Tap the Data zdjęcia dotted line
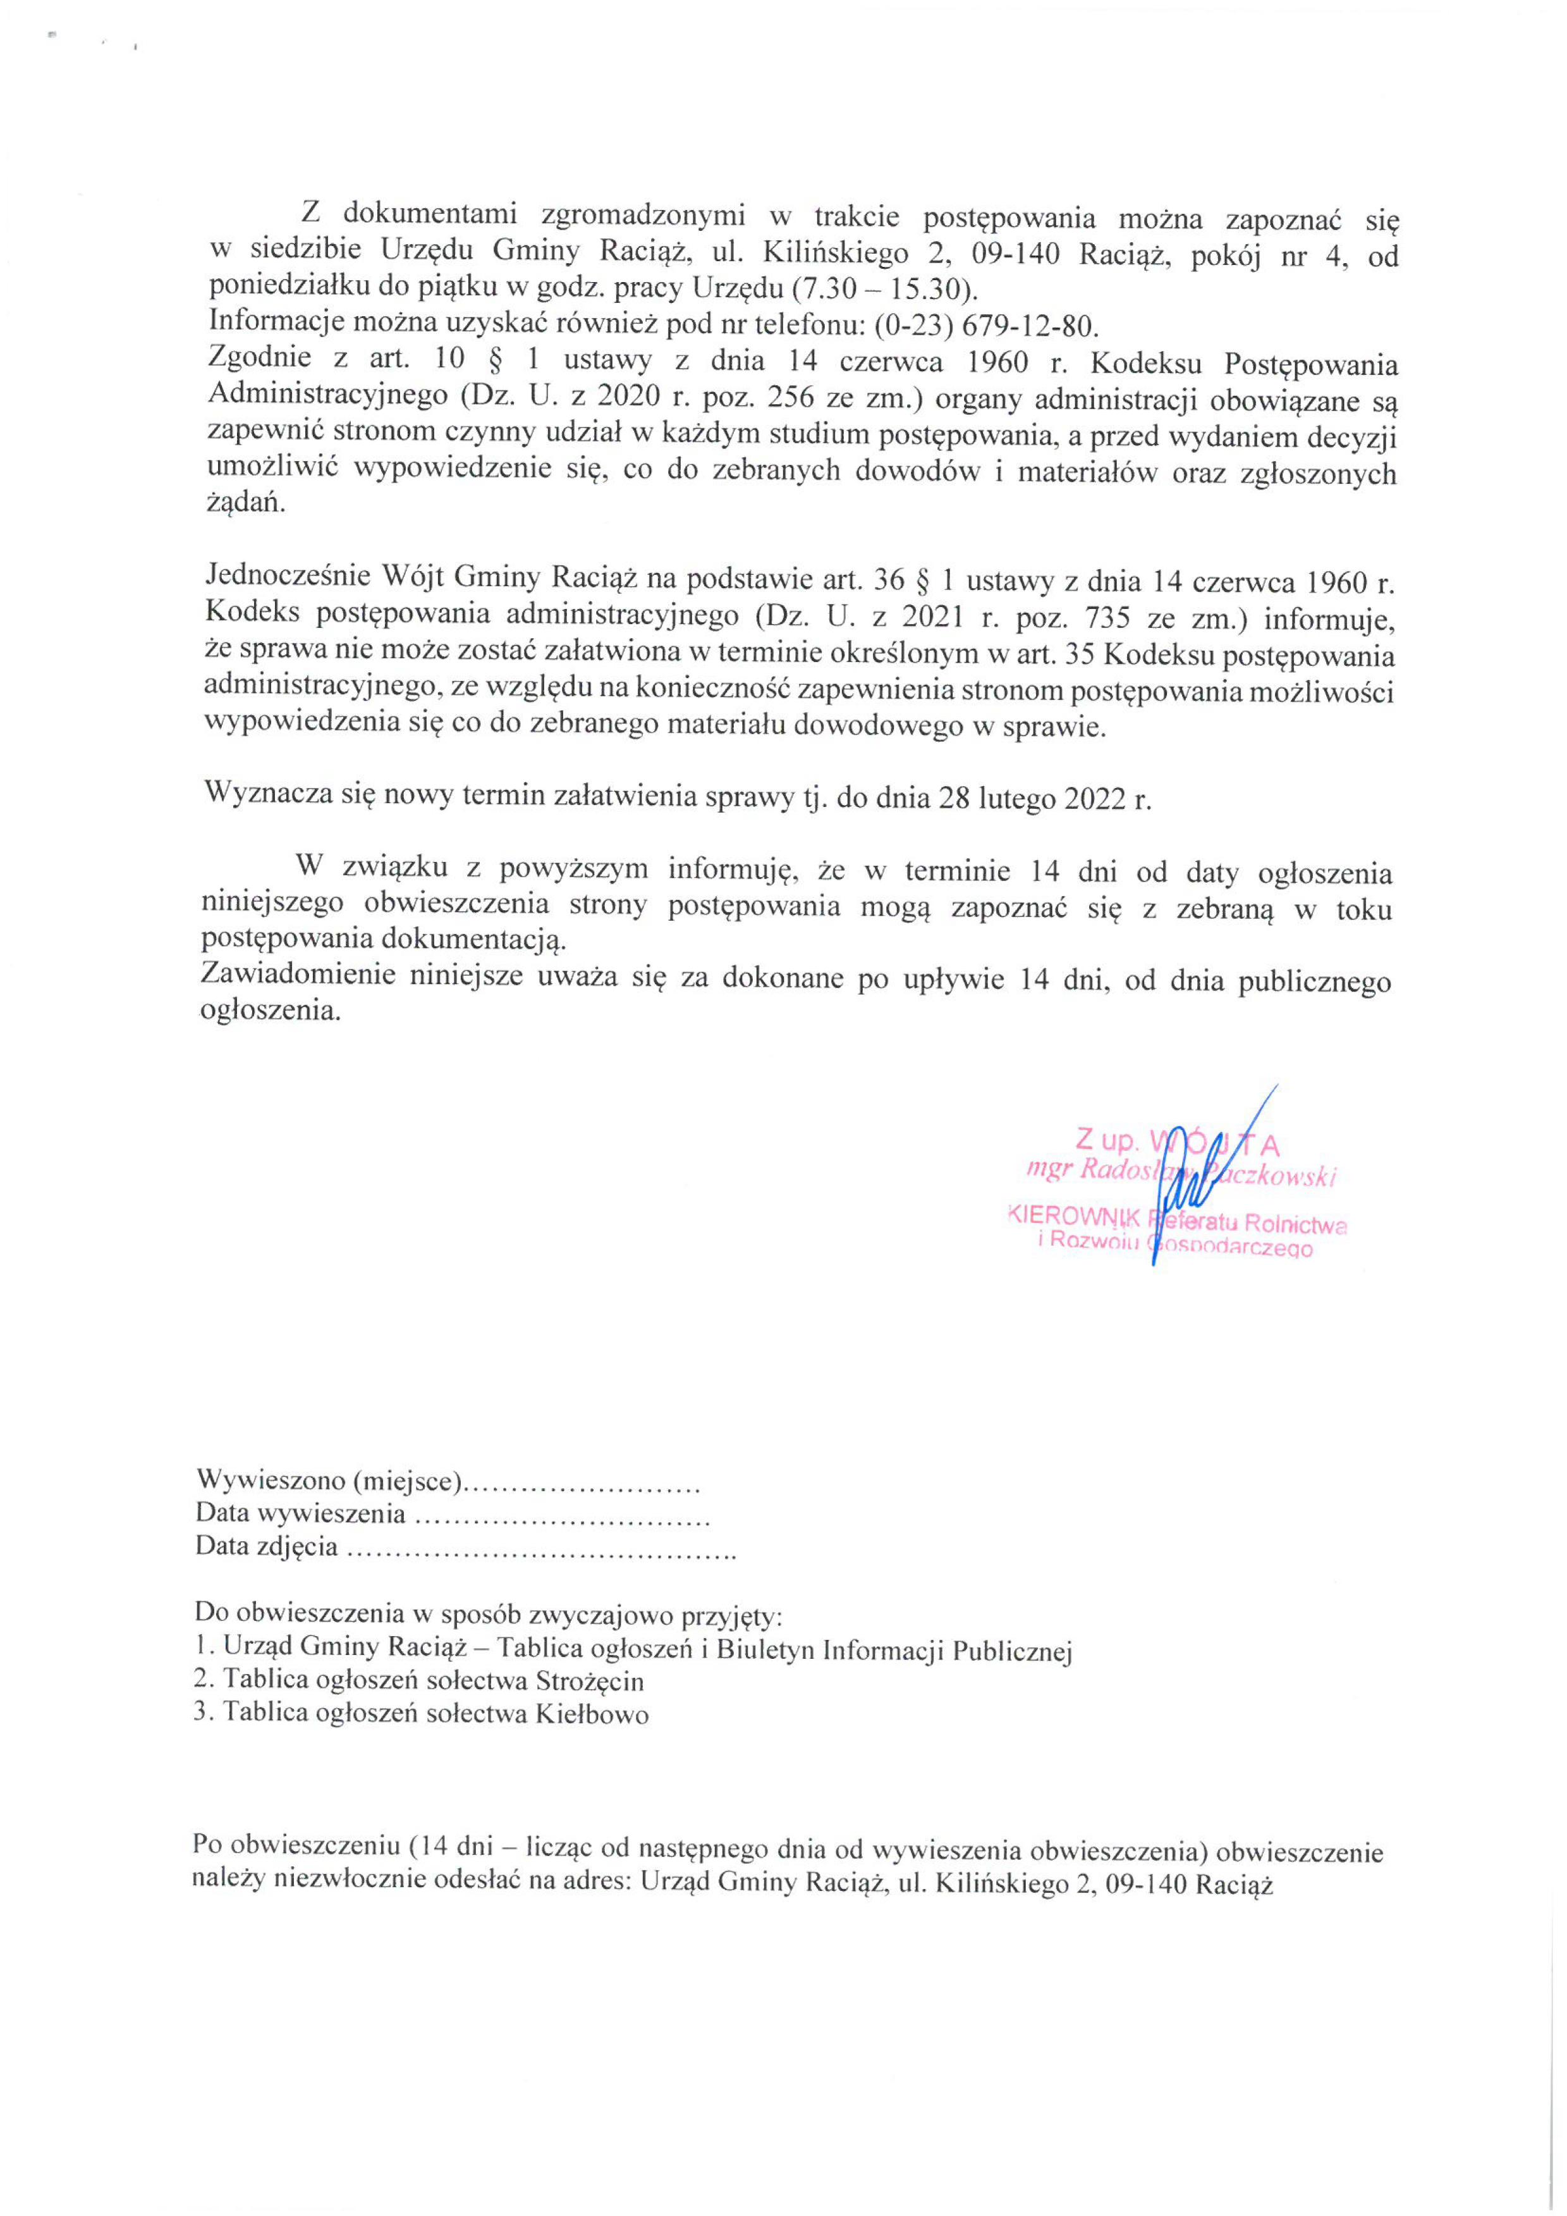[540, 1546]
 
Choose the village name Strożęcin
[588, 1680]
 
